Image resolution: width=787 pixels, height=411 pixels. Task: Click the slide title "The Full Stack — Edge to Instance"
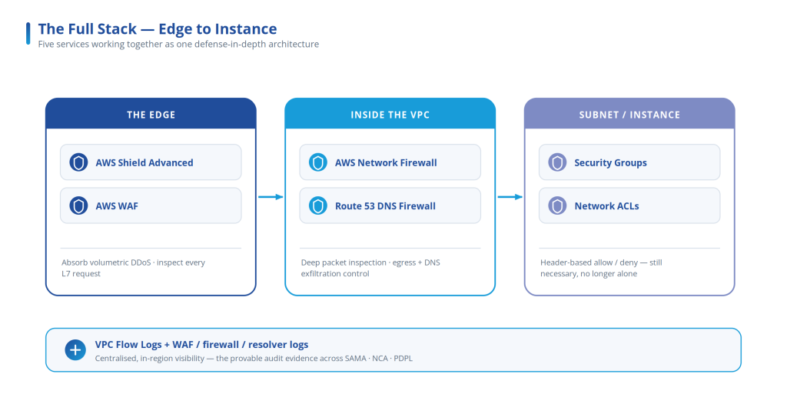click(157, 29)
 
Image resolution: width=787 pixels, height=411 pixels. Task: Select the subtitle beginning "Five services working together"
click(178, 44)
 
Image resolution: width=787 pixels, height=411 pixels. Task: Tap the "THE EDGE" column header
click(151, 115)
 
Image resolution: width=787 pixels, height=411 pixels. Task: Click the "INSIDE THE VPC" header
click(390, 115)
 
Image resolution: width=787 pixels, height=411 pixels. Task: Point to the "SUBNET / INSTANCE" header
click(629, 115)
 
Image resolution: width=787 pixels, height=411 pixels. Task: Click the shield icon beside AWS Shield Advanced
click(79, 162)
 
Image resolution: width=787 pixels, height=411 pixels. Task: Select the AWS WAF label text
click(117, 206)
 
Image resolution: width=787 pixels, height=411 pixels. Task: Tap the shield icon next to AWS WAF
click(79, 205)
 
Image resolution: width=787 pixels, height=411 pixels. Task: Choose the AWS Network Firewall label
click(386, 163)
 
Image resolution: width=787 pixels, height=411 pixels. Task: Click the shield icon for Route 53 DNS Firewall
click(318, 205)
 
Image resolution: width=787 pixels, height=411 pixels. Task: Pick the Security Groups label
click(610, 163)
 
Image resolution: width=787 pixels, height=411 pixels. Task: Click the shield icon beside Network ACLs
click(558, 205)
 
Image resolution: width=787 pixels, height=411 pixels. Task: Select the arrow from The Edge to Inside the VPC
click(271, 197)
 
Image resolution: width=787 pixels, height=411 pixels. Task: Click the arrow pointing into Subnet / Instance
click(510, 197)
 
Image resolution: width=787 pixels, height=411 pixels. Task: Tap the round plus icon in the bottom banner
click(75, 350)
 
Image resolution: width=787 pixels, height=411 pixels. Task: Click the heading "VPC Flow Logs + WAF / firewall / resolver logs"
click(202, 345)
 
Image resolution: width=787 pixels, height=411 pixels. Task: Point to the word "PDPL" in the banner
click(403, 358)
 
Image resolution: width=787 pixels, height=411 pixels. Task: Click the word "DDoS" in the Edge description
click(140, 262)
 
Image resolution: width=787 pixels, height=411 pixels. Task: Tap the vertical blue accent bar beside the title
click(28, 33)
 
